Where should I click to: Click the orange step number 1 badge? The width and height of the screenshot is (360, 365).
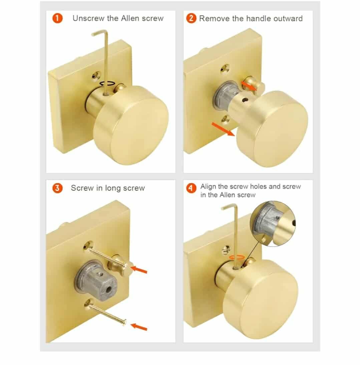[x=57, y=18]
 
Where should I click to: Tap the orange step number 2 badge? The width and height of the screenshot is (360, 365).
[x=191, y=18]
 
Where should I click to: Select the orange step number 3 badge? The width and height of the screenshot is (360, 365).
[x=57, y=188]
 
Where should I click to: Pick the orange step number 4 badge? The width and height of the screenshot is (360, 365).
[x=191, y=188]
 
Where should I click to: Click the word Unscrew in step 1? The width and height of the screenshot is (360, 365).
[x=88, y=18]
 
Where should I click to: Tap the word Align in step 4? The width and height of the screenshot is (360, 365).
[x=208, y=186]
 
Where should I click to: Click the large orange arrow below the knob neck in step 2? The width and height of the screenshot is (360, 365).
[x=223, y=129]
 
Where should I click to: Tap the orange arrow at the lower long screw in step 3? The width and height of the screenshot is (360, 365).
[x=139, y=327]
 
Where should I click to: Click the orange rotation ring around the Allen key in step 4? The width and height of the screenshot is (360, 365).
[x=237, y=257]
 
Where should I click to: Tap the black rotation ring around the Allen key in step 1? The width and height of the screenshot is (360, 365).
[x=107, y=83]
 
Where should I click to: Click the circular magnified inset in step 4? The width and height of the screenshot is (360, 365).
[x=273, y=223]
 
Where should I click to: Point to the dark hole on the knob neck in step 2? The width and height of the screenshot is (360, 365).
[x=245, y=100]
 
